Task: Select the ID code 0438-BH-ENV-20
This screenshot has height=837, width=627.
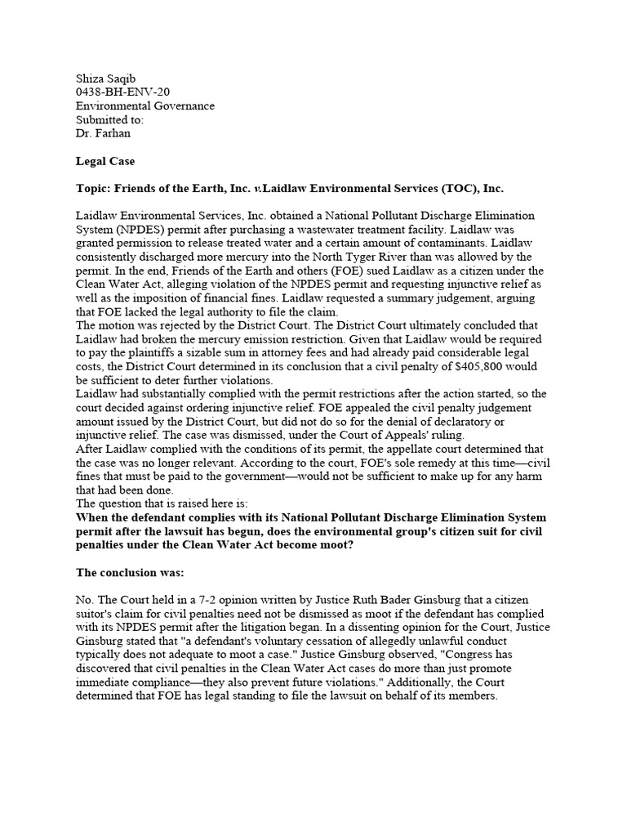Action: click(122, 92)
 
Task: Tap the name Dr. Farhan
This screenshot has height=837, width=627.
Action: click(104, 132)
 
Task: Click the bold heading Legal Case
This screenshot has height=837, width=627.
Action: click(105, 162)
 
